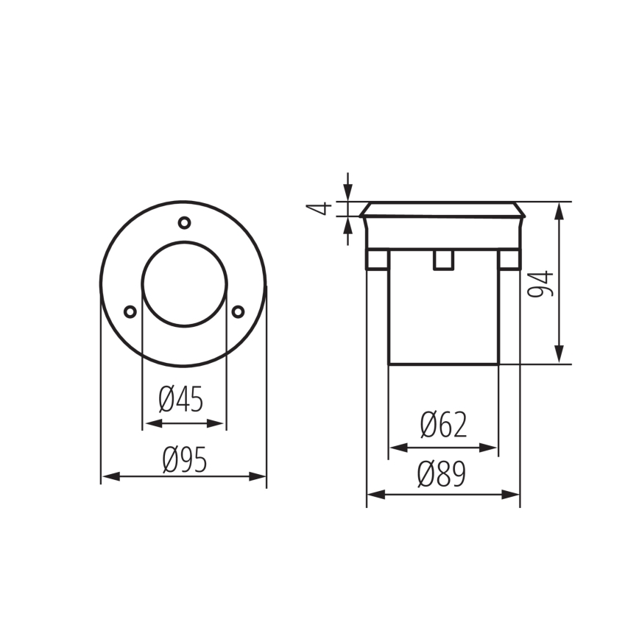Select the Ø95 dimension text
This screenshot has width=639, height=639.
(x=184, y=460)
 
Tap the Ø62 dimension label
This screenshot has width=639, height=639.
(x=443, y=426)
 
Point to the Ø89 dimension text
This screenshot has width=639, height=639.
(x=442, y=475)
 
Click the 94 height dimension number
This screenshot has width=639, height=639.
(x=542, y=283)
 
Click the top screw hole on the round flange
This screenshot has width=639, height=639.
(x=184, y=222)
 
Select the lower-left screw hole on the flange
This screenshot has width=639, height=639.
(x=130, y=312)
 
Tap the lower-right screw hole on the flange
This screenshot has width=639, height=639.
(x=238, y=312)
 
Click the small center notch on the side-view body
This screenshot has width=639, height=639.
(x=443, y=260)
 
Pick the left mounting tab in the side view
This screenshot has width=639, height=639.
(x=377, y=260)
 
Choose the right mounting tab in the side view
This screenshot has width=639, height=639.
(x=509, y=260)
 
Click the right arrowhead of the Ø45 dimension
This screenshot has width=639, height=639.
(x=217, y=423)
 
